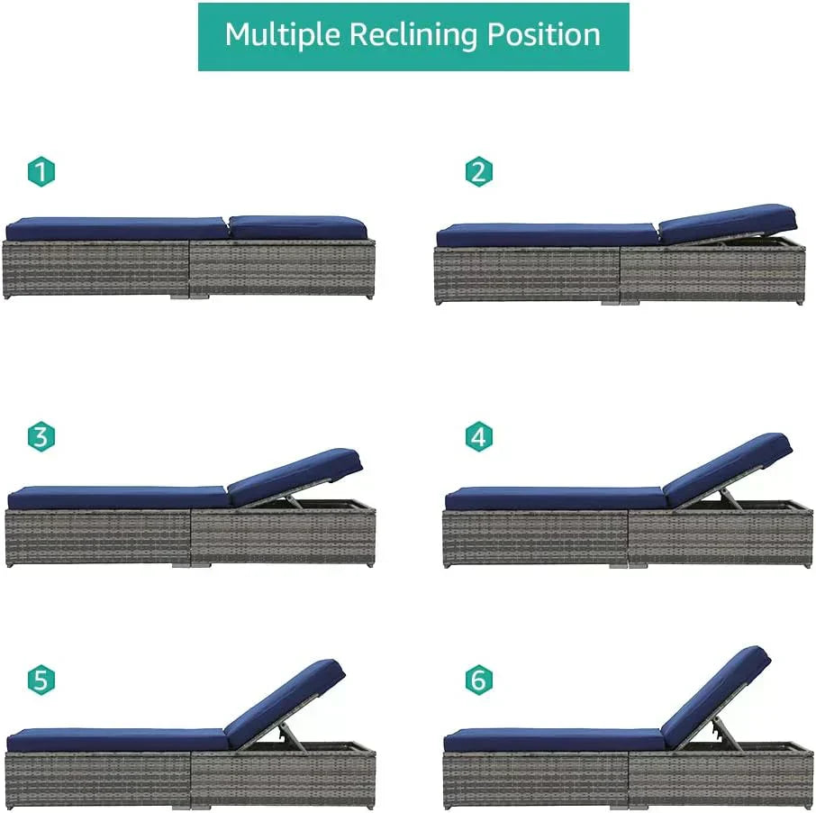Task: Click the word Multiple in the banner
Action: click(x=283, y=35)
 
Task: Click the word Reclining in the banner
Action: click(x=413, y=35)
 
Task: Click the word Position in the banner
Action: click(x=543, y=35)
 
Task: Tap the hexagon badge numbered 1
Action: click(x=41, y=171)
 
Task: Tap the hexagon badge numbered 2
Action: click(x=479, y=171)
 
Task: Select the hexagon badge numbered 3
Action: click(x=41, y=436)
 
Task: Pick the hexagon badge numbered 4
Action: click(x=479, y=436)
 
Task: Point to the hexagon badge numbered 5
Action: click(x=41, y=680)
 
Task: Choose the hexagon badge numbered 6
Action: click(x=479, y=680)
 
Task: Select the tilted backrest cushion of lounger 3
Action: click(x=295, y=476)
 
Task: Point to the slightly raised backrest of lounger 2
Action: click(x=728, y=224)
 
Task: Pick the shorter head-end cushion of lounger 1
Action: click(x=298, y=227)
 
